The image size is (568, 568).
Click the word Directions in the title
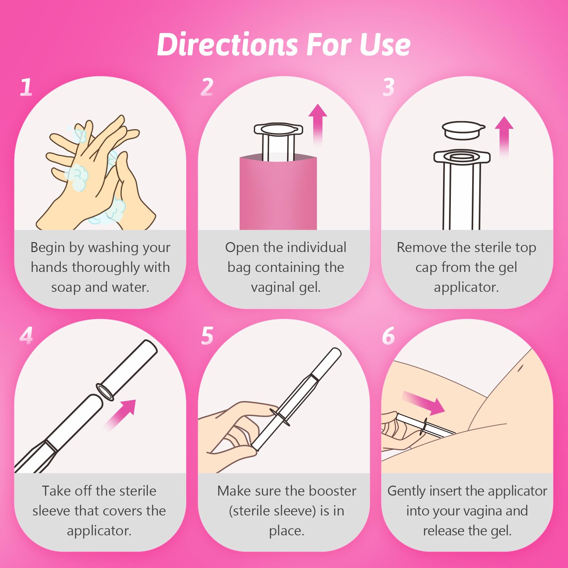[227, 45]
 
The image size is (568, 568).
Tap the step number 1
[26, 87]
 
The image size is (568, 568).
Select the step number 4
[26, 336]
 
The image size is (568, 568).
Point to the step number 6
[388, 336]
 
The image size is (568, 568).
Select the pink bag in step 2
[278, 193]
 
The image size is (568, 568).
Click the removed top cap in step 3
[463, 130]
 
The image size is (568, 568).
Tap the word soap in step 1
[66, 287]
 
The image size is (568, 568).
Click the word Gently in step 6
[406, 491]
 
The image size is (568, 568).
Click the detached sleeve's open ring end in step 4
[105, 392]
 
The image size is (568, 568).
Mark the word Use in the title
[385, 45]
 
